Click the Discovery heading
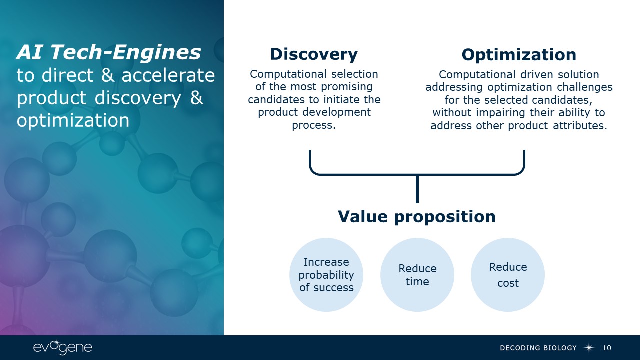coord(314,54)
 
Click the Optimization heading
coord(519,54)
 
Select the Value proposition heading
coord(417,217)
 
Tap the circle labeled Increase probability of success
coord(326,275)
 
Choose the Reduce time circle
coord(417,275)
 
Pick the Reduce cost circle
coord(508,275)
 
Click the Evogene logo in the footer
coord(63,348)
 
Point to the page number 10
coord(607,348)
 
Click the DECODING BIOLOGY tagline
coord(538,348)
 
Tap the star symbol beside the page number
coord(589,348)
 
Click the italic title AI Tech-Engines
coord(109,52)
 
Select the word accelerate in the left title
coord(168,75)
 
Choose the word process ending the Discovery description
coord(313,125)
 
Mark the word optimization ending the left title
coord(73,120)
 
